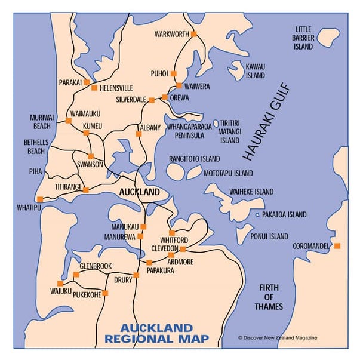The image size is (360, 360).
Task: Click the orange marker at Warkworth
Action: pos(193,34)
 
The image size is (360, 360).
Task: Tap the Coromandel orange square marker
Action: pos(337,246)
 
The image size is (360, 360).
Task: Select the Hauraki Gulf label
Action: pos(266,122)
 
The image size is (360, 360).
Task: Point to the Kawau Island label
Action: pos(255,71)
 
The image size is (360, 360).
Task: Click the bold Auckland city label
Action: pos(139,192)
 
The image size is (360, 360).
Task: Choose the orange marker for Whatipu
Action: pos(39,199)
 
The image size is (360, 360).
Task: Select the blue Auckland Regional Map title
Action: pos(156,334)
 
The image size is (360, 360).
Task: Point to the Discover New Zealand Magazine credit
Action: pos(278,337)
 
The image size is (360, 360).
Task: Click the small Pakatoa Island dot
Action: pos(257,214)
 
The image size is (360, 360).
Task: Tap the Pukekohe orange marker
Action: pos(105,293)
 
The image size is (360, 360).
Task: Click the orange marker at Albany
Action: pos(139,134)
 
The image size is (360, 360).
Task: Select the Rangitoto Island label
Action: pos(194,159)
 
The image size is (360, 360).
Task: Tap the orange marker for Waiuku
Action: pos(60,283)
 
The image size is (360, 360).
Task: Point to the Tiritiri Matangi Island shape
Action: pos(216,123)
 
